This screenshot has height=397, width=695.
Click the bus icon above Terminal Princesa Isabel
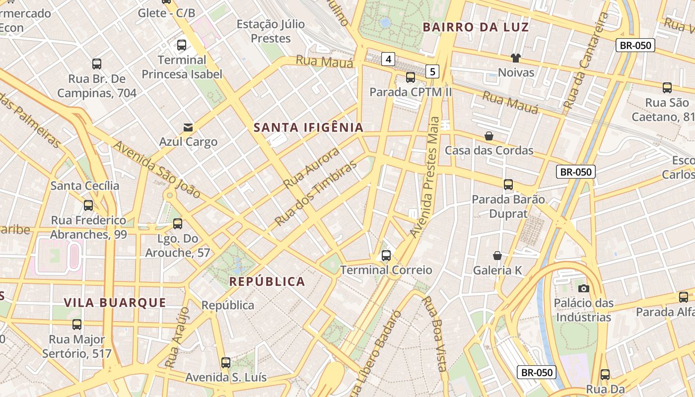click(x=182, y=45)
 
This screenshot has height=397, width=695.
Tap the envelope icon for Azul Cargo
click(x=188, y=128)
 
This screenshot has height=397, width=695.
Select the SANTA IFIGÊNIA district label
click(x=309, y=128)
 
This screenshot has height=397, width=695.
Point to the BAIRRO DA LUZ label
click(x=476, y=27)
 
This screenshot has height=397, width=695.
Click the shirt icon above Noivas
click(x=516, y=58)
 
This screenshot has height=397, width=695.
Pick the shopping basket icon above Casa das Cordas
click(x=489, y=136)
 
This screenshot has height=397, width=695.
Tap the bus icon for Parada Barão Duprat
click(x=508, y=185)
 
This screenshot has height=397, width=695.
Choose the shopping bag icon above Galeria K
click(x=497, y=256)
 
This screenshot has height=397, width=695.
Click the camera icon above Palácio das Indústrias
click(x=583, y=288)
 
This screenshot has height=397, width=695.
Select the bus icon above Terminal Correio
click(x=386, y=256)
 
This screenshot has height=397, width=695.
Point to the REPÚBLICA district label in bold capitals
click(x=267, y=282)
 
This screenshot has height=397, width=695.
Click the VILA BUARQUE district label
click(x=115, y=303)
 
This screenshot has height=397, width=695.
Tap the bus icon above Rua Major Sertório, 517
click(x=77, y=325)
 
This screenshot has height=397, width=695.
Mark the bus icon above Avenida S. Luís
click(x=226, y=363)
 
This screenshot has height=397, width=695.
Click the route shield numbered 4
click(x=388, y=60)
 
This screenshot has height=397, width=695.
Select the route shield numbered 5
click(x=432, y=71)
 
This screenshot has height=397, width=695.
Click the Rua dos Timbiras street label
click(x=316, y=194)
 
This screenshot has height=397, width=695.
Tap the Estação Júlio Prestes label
click(x=271, y=31)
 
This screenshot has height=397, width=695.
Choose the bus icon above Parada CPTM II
click(x=411, y=77)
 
